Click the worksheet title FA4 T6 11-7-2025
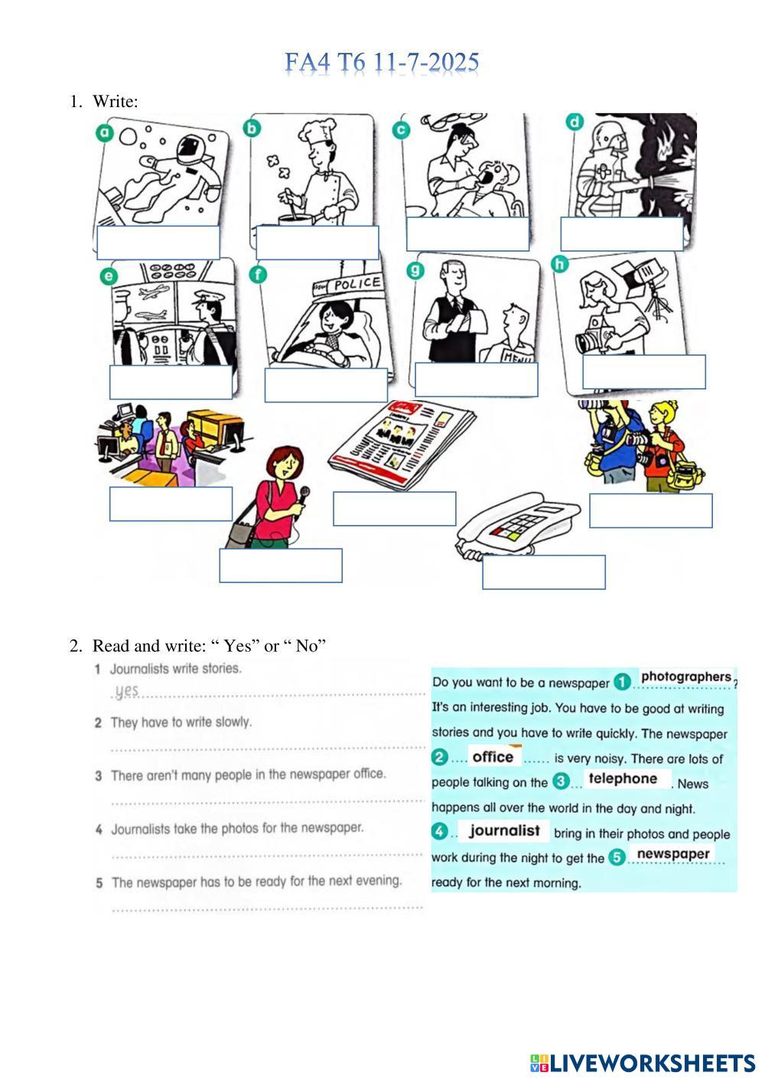point(382,63)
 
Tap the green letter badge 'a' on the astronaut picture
point(104,132)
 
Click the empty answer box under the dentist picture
point(467,234)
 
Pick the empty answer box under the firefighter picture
point(621,234)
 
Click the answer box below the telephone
point(544,572)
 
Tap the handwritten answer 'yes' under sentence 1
point(127,691)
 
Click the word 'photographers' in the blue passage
point(685,676)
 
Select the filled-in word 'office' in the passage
point(493,757)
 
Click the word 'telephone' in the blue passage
point(623,779)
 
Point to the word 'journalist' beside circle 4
point(504,830)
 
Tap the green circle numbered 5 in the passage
point(617,857)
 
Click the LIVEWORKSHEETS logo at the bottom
point(643,1063)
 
